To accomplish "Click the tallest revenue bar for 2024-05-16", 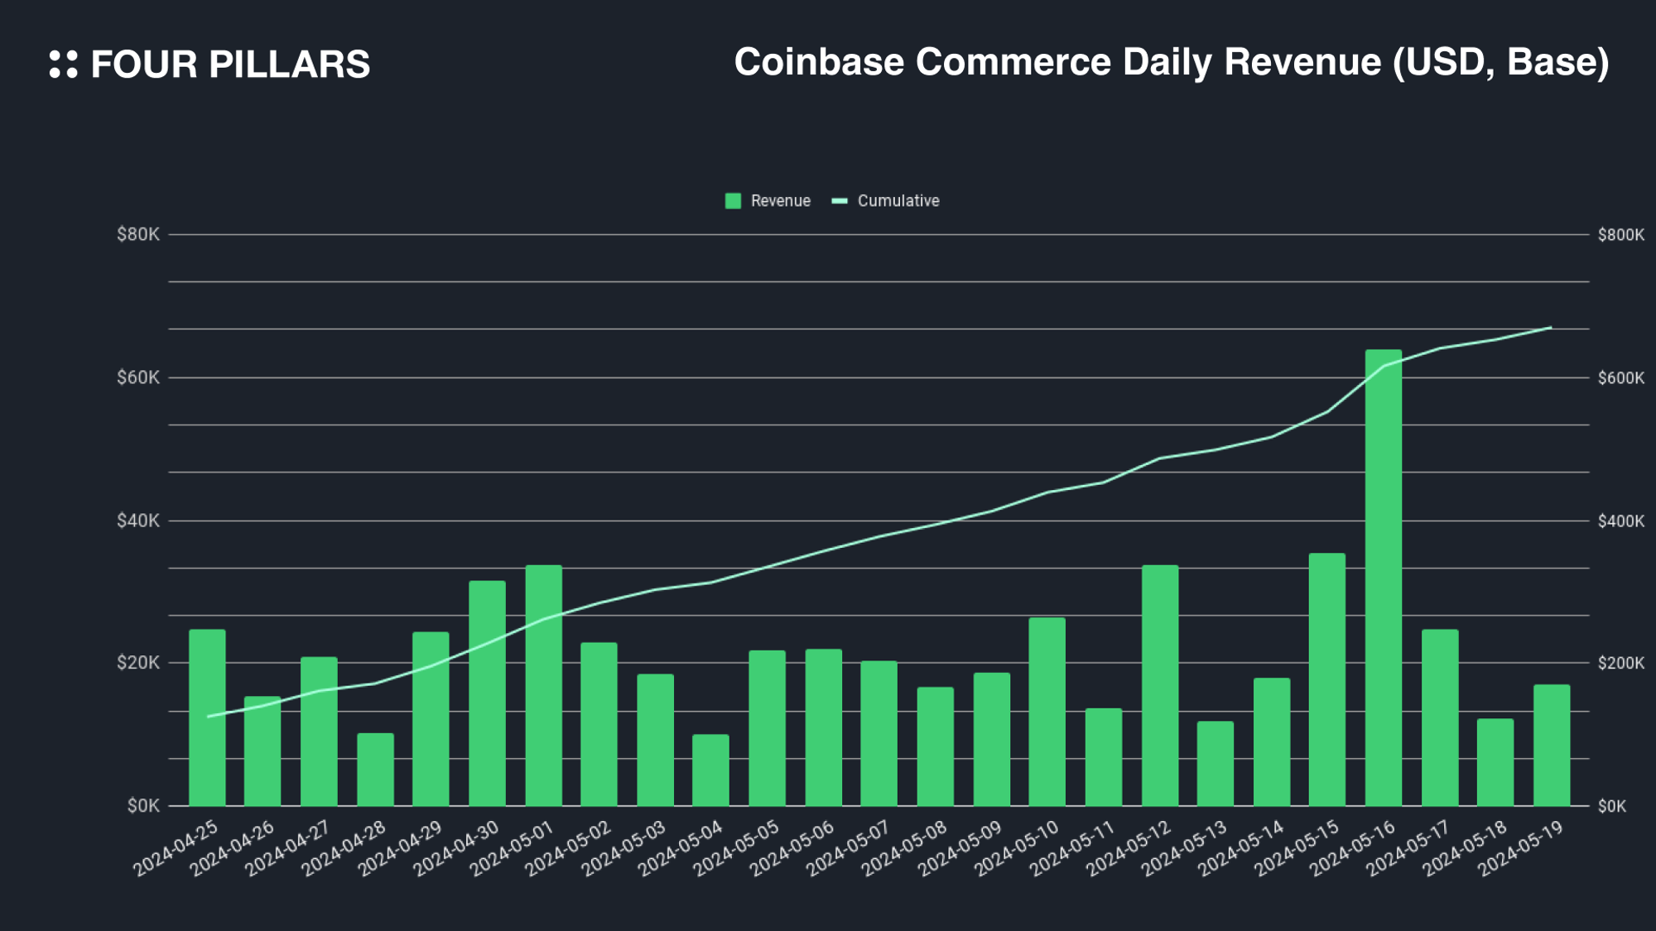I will pyautogui.click(x=1383, y=579).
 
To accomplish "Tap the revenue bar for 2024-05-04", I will pyautogui.click(x=710, y=770).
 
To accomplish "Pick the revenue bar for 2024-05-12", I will pyautogui.click(x=1159, y=686).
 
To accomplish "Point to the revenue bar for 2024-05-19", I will pyautogui.click(x=1551, y=746).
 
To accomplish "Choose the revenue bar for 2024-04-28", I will pyautogui.click(x=375, y=770).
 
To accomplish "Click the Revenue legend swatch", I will pyautogui.click(x=733, y=201).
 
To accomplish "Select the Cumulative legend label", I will pyautogui.click(x=898, y=201).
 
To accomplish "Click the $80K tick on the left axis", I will pyautogui.click(x=138, y=235).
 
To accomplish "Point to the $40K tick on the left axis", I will pyautogui.click(x=138, y=521).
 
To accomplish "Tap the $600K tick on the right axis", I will pyautogui.click(x=1620, y=378).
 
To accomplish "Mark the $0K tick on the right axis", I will pyautogui.click(x=1611, y=806).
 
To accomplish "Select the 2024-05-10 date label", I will pyautogui.click(x=1018, y=849).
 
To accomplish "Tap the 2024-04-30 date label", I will pyautogui.click(x=457, y=849).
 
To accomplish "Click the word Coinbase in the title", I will pyautogui.click(x=819, y=63).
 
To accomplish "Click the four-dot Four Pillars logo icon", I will pyautogui.click(x=64, y=65).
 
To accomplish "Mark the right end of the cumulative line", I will pyautogui.click(x=1551, y=328).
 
